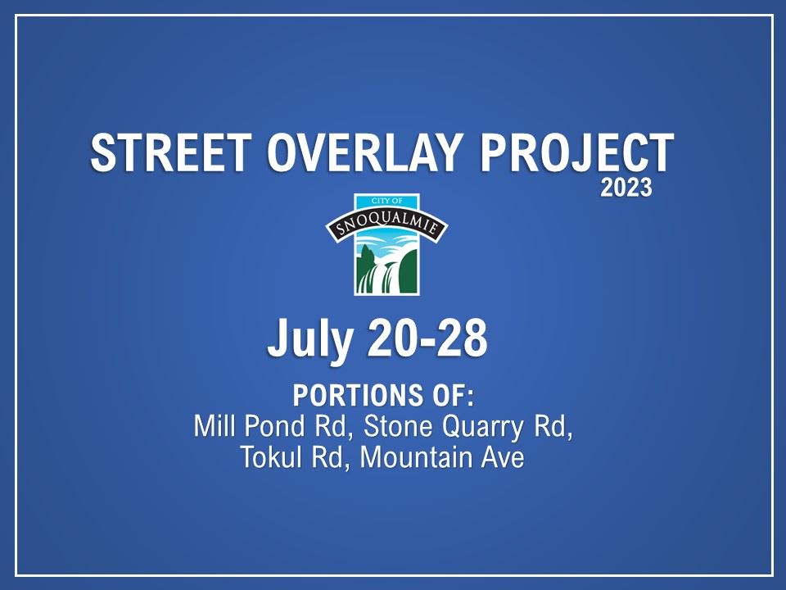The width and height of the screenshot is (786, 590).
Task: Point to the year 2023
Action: pos(626,188)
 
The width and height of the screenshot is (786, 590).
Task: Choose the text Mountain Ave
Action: pos(441,456)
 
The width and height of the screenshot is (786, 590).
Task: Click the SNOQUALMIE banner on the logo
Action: pos(387,226)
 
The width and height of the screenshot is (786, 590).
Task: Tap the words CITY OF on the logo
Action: pos(387,202)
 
